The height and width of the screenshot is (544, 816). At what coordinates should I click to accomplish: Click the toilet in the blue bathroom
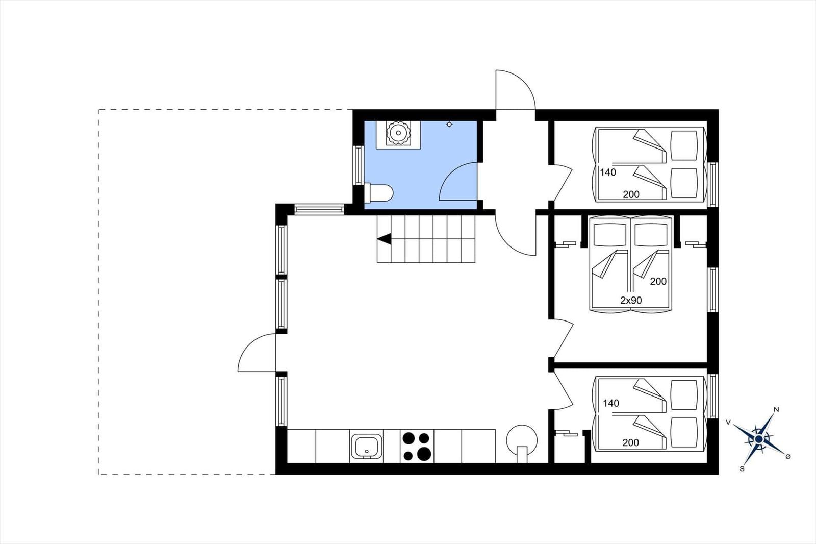pos(379,192)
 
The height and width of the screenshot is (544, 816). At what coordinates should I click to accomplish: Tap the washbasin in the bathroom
pos(398,133)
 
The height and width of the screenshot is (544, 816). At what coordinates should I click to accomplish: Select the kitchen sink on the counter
pos(366,447)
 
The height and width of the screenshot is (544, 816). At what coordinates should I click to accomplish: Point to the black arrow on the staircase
pos(385,239)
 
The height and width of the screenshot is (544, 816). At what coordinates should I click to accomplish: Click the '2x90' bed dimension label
pos(631,301)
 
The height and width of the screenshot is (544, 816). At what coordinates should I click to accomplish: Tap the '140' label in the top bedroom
pos(608,172)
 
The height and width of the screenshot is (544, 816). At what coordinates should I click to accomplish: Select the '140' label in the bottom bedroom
pos(611,403)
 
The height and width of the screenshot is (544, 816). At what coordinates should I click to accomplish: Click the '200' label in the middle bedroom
pos(658,282)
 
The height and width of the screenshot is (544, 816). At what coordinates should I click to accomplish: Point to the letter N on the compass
pos(776,409)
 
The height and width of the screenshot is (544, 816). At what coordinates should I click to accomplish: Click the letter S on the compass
pos(742,469)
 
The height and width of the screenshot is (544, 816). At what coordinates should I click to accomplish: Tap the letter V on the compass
pos(729,422)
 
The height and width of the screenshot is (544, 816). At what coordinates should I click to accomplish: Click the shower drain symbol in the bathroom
pos(449,125)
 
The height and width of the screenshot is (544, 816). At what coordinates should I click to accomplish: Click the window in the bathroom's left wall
pos(359,165)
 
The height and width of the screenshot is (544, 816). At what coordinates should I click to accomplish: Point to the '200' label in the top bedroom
pos(631,195)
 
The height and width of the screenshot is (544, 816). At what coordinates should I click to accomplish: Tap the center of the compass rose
pos(759,439)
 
